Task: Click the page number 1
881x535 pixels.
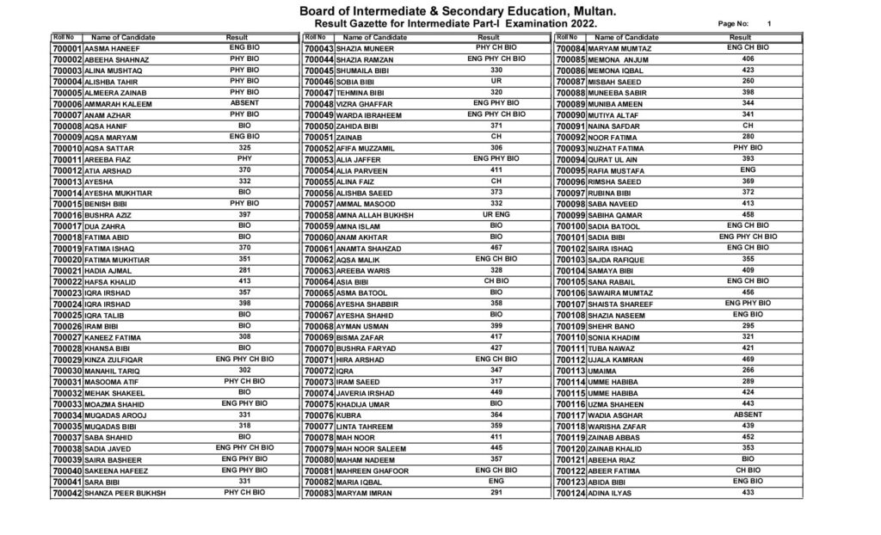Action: click(768, 25)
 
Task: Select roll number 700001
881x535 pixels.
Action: click(66, 50)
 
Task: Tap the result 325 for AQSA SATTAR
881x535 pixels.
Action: click(244, 147)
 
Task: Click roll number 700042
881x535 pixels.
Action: click(66, 493)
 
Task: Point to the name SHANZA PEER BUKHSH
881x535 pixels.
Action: click(126, 493)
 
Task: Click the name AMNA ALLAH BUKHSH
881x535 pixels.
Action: click(375, 214)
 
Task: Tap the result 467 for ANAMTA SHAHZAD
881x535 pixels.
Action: click(496, 247)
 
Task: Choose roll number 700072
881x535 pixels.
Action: click(318, 370)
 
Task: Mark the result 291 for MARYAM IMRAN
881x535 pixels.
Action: click(496, 492)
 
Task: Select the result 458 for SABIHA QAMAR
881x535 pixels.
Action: click(747, 213)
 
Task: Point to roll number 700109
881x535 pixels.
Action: click(570, 327)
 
